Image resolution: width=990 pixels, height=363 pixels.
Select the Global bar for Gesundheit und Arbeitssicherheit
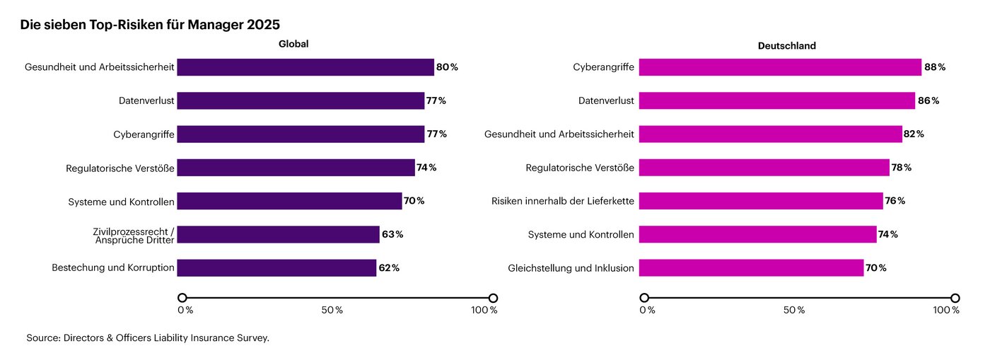pyautogui.click(x=305, y=67)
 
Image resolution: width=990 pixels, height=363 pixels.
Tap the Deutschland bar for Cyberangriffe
pyautogui.click(x=780, y=67)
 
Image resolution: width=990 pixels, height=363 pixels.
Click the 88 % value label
pyautogui.click(x=934, y=67)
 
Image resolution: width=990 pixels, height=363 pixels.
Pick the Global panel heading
pyautogui.click(x=293, y=44)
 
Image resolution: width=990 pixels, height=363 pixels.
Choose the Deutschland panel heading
pyautogui.click(x=786, y=46)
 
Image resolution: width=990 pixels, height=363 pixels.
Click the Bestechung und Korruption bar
pyautogui.click(x=276, y=268)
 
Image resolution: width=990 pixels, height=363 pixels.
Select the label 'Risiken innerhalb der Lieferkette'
pyautogui.click(x=563, y=201)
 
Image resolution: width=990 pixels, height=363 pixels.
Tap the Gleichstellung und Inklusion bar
pyautogui.click(x=751, y=268)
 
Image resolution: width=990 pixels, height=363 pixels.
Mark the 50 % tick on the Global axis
pyautogui.click(x=332, y=310)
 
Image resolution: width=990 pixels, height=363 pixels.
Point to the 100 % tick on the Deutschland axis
pyautogui.click(x=945, y=310)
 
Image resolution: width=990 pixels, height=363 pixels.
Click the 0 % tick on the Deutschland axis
pyautogui.click(x=647, y=310)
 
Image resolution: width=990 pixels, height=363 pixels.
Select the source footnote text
pyautogui.click(x=148, y=338)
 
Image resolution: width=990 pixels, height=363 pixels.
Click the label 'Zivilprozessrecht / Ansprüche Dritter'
pyautogui.click(x=134, y=235)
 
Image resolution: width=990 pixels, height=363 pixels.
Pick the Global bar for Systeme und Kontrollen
pyautogui.click(x=289, y=201)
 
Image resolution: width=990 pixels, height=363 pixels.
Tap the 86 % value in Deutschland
pyautogui.click(x=928, y=100)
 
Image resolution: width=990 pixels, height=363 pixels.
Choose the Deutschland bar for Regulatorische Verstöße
pyautogui.click(x=764, y=168)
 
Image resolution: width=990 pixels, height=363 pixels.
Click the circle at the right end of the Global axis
pyautogui.click(x=493, y=298)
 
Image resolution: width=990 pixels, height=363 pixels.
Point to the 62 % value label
pyautogui.click(x=388, y=268)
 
